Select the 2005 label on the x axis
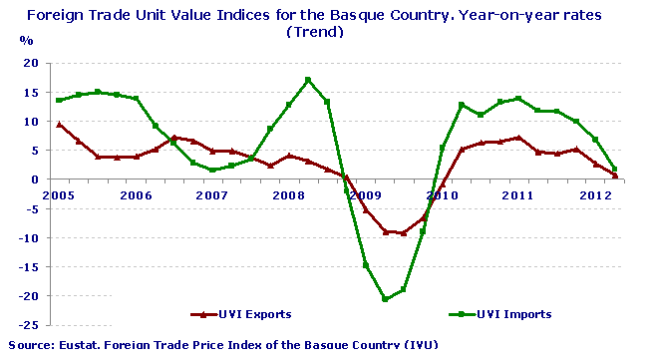(x=60, y=194)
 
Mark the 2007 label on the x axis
(x=212, y=194)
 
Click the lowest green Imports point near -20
(x=385, y=299)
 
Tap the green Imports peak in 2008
(x=308, y=80)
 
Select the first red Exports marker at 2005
(x=60, y=125)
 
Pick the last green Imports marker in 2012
(x=615, y=170)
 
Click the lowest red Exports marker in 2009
(x=404, y=233)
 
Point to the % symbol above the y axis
(x=26, y=42)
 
